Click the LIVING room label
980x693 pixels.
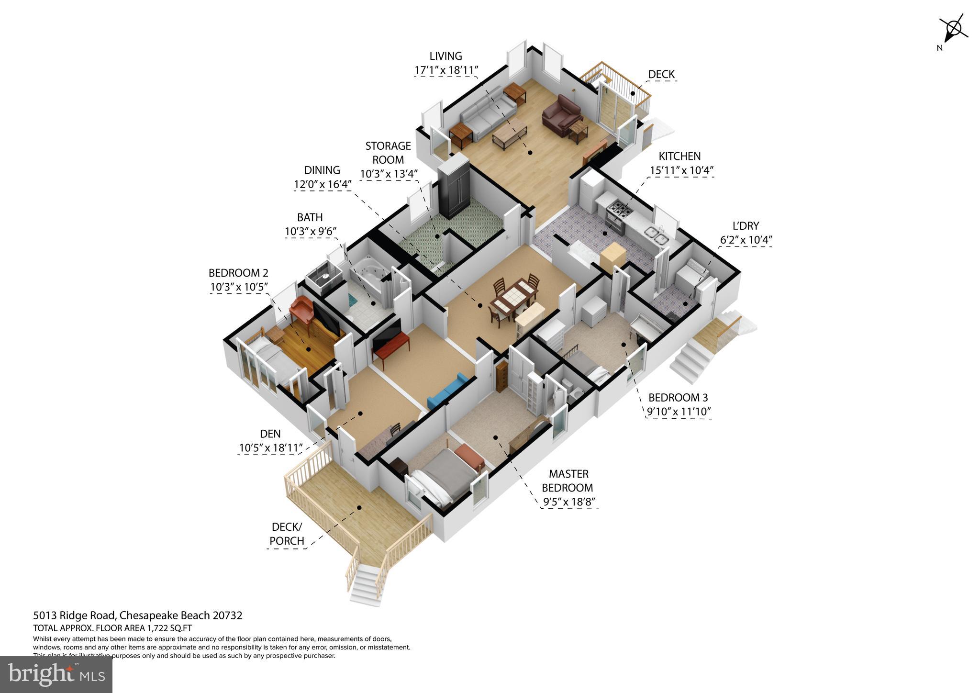[445, 56]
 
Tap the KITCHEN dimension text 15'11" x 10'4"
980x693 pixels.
[681, 170]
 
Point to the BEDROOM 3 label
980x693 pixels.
[678, 397]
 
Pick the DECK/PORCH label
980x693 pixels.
[287, 534]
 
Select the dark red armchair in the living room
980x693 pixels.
[561, 114]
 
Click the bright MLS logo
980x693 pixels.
[56, 674]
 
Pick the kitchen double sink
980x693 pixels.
[656, 235]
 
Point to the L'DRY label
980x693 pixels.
[746, 226]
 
